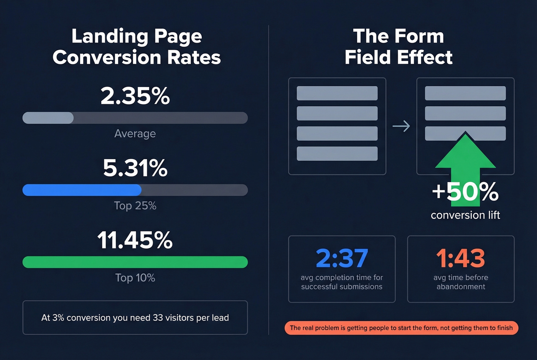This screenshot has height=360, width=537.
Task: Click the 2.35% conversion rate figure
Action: click(x=135, y=95)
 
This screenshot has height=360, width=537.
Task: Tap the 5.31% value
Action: click(x=135, y=168)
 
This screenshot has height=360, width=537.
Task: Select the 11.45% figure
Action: click(x=135, y=240)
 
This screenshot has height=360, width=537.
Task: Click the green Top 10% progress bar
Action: click(x=135, y=262)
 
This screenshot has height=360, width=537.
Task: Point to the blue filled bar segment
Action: click(x=82, y=190)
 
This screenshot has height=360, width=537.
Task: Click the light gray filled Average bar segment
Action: click(x=48, y=118)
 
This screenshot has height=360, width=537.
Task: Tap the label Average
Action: click(x=135, y=133)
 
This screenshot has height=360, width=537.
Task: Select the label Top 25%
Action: click(x=135, y=206)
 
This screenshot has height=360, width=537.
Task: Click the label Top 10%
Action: click(x=135, y=278)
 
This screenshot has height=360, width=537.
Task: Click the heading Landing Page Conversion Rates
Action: click(x=137, y=47)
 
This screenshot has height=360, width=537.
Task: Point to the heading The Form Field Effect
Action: click(x=399, y=47)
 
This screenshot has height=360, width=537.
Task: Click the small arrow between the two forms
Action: click(x=401, y=126)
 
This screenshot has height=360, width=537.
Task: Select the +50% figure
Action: click(x=465, y=191)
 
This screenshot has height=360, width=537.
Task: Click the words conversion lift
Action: click(x=465, y=215)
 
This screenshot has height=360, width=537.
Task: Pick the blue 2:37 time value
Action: click(x=342, y=258)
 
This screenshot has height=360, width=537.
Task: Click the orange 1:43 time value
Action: click(x=461, y=258)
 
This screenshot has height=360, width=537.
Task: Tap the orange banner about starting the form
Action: click(x=401, y=328)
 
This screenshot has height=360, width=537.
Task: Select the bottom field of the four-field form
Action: click(x=337, y=153)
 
